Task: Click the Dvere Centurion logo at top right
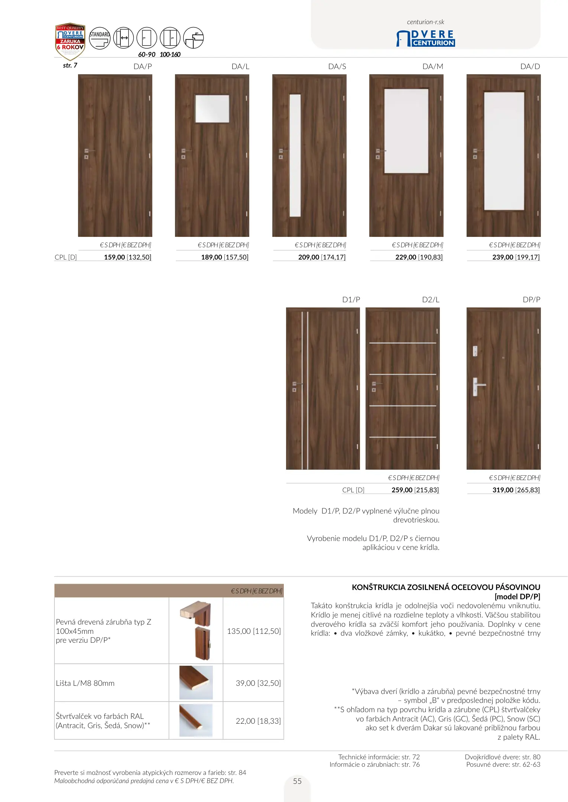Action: tap(426, 38)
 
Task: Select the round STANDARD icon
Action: tap(100, 38)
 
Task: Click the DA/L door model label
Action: tap(240, 66)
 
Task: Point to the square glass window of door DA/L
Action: tap(212, 108)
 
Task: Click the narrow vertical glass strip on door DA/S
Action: tap(295, 155)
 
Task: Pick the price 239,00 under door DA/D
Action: tap(503, 257)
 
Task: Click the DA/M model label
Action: tap(433, 66)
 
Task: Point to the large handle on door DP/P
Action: tap(477, 387)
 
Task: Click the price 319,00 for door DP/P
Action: tap(503, 490)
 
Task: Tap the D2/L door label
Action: tap(431, 300)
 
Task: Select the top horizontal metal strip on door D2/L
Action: tap(403, 343)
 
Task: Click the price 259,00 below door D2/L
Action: tap(402, 490)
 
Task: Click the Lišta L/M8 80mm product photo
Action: tap(196, 682)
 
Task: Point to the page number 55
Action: tap(297, 781)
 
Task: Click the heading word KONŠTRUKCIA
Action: tap(378, 587)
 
